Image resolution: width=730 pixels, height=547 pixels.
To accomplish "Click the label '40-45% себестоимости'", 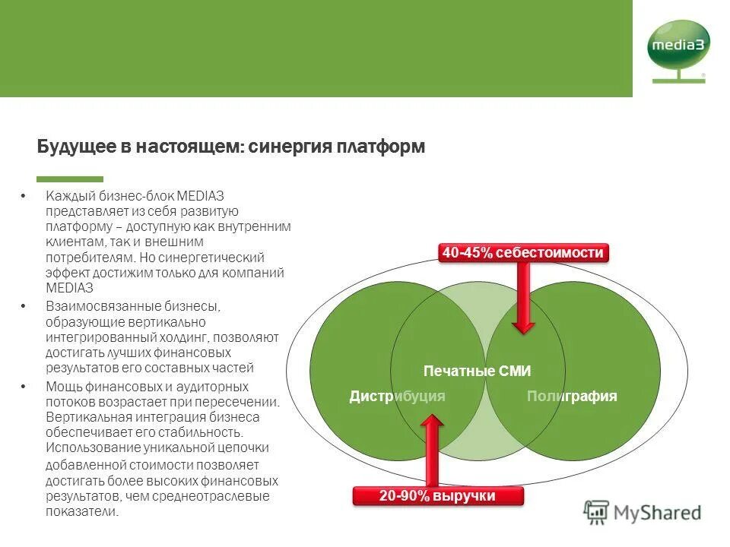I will tap(523, 253).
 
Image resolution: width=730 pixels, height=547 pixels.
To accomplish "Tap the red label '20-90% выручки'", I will tap(439, 496).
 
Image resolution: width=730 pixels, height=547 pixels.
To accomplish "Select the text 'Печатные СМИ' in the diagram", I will tap(477, 372).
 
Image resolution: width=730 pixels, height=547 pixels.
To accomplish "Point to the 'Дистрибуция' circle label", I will tap(397, 396).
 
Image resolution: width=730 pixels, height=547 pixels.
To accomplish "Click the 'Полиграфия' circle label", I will tap(572, 396).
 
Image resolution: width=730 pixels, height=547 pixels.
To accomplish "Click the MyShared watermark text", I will tap(659, 513).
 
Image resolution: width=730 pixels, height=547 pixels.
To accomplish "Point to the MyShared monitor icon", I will tap(597, 512).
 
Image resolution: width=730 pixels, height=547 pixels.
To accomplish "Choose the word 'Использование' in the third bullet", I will tap(84, 448).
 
